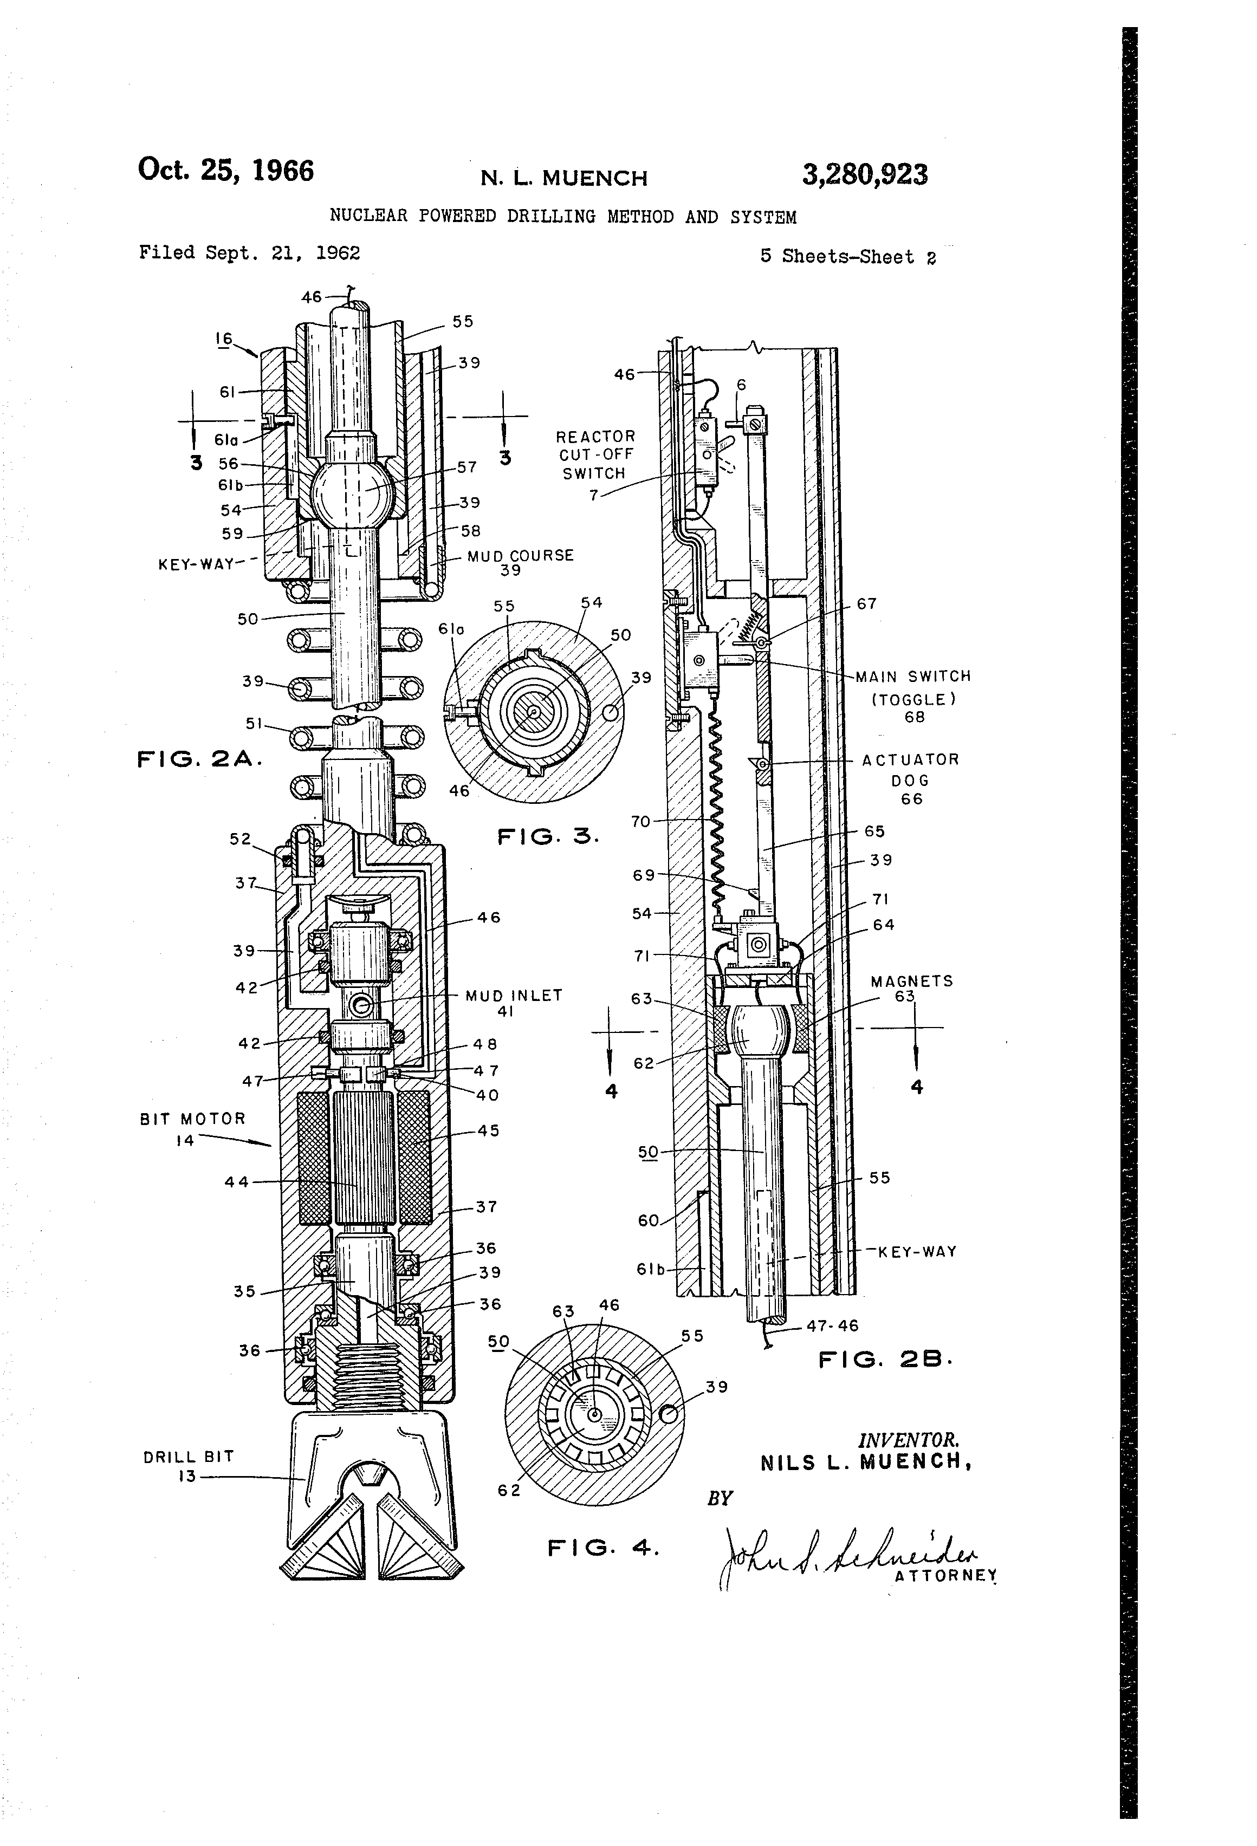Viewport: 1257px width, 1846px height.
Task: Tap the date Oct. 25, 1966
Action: point(225,171)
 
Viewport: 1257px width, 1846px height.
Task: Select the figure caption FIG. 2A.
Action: point(199,759)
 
